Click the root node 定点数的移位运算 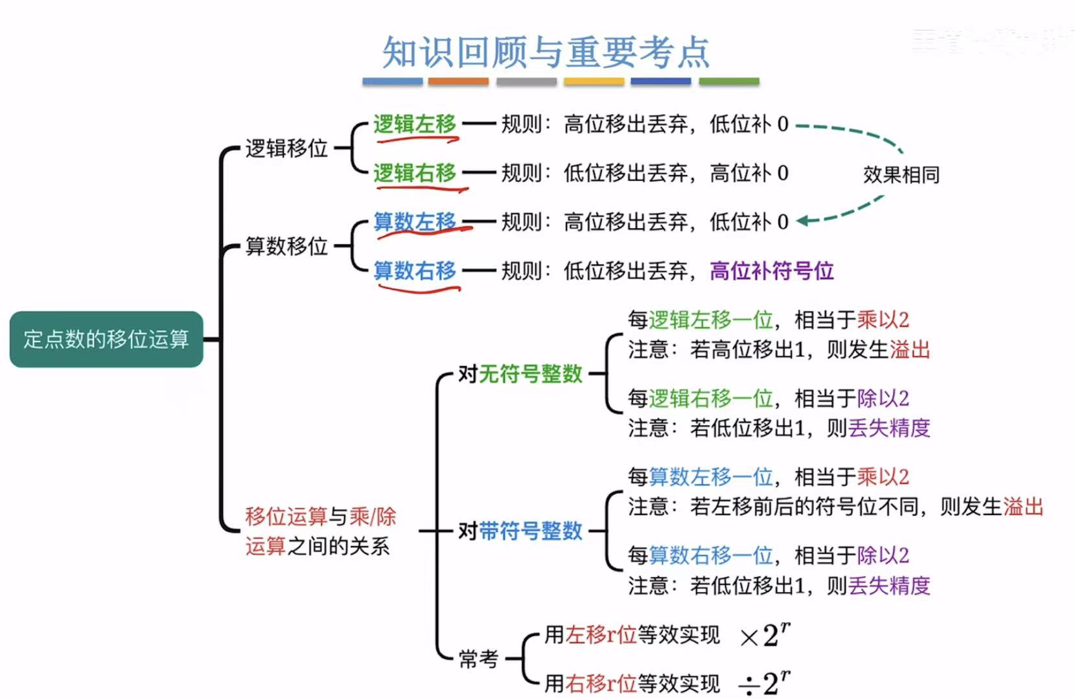click(x=106, y=339)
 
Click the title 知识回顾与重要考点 click(x=546, y=52)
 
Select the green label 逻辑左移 click(x=415, y=124)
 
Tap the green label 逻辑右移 click(x=415, y=173)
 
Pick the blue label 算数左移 click(x=415, y=222)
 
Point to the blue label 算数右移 click(x=415, y=270)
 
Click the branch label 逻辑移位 click(x=286, y=148)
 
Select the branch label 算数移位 click(x=286, y=246)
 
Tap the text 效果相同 click(x=901, y=174)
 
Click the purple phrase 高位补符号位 click(x=771, y=270)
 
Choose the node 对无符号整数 click(x=520, y=374)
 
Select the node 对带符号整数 click(x=520, y=531)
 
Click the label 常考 click(x=478, y=659)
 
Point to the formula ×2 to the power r click(x=765, y=635)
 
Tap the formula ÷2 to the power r click(x=765, y=683)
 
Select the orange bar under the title click(x=458, y=82)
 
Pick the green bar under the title click(x=729, y=82)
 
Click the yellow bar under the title click(x=594, y=82)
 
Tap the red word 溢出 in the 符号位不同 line click(x=1023, y=507)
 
